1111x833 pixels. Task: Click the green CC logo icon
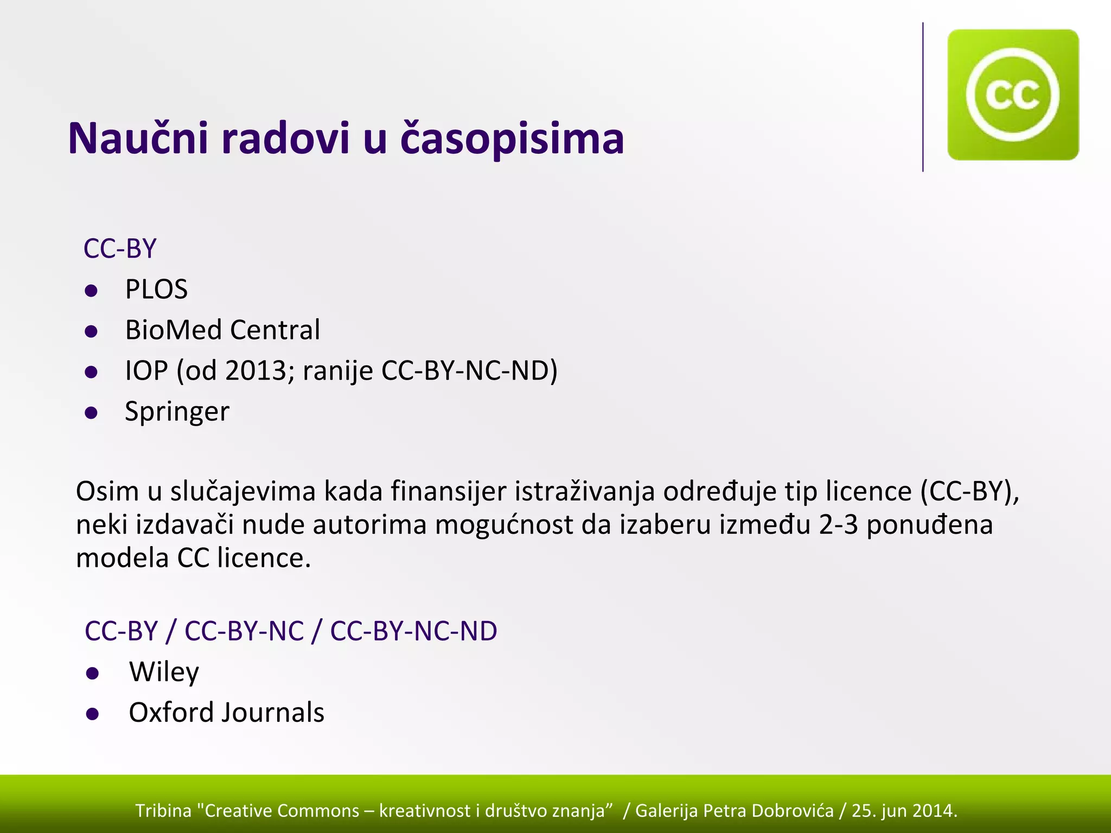click(1012, 95)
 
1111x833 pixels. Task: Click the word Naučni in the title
click(138, 139)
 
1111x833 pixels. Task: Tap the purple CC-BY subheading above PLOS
click(120, 249)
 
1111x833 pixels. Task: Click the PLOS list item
click(156, 289)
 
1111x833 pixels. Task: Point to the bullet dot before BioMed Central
click(91, 331)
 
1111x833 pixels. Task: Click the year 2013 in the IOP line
click(256, 371)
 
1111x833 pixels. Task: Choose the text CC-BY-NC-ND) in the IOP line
click(469, 371)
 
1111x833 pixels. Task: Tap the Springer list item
click(177, 412)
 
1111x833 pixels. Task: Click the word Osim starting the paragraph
click(107, 491)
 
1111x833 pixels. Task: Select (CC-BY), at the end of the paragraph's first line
click(969, 491)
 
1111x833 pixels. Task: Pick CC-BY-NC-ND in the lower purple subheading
click(413, 631)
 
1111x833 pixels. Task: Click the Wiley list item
click(164, 672)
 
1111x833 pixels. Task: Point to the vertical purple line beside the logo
click(923, 98)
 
